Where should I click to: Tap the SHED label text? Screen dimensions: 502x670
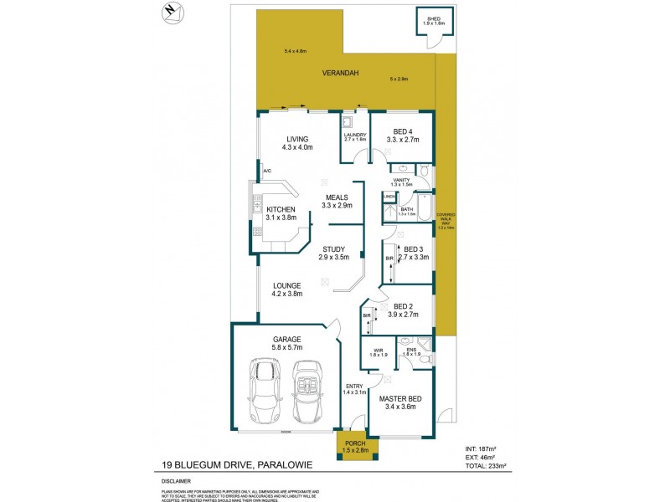pos(433,18)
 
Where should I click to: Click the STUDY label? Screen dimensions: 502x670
pos(334,248)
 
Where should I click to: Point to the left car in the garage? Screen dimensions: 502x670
pos(265,392)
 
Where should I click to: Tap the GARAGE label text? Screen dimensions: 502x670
pos(286,340)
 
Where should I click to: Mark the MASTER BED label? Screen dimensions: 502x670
pos(399,401)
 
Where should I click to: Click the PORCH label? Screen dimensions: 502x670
pos(356,443)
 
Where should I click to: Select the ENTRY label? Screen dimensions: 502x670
pos(354,386)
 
